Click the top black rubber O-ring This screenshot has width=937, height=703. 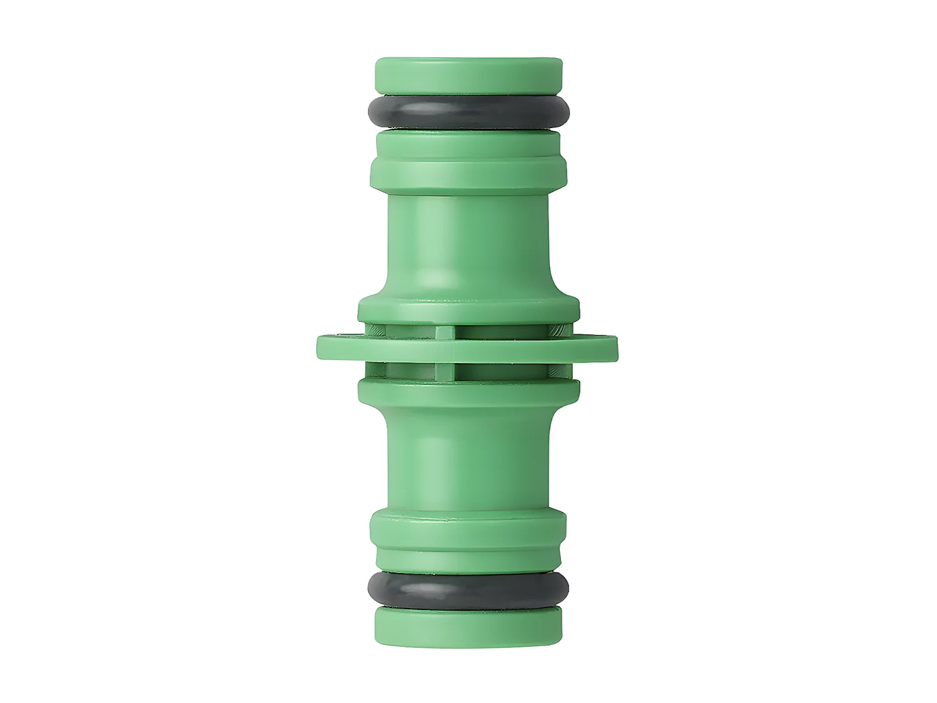468,112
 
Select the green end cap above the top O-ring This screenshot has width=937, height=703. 468,75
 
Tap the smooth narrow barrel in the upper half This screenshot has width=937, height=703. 468,244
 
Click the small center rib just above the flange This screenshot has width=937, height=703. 445,331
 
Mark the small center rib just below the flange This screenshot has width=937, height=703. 445,370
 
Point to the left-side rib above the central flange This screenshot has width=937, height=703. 375,330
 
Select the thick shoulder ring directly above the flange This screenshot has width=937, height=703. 468,311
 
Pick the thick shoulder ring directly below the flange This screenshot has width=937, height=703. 468,391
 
